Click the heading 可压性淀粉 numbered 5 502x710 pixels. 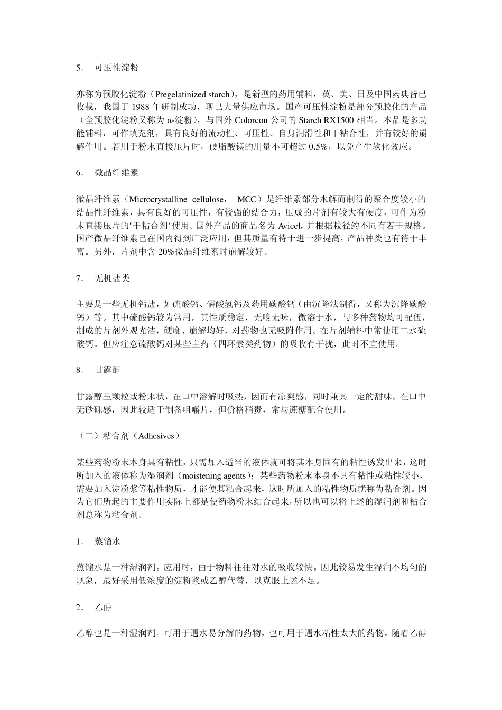(117, 68)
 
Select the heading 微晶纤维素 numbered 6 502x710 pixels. (117, 173)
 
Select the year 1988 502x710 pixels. (129, 108)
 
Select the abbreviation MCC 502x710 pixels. (246, 200)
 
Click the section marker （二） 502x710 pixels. (86, 436)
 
